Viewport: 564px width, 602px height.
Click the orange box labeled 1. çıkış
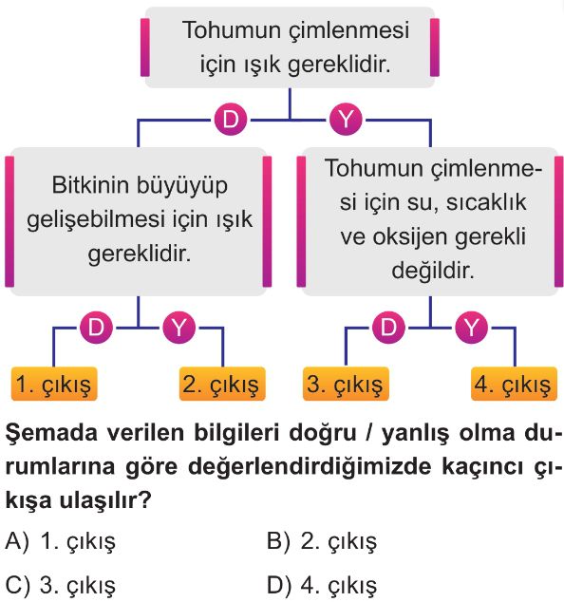[54, 384]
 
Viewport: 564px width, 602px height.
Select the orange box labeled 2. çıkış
[222, 384]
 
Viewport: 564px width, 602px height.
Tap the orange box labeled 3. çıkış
[346, 384]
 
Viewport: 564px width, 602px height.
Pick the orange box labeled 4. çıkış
[514, 384]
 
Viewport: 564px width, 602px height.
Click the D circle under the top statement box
[231, 119]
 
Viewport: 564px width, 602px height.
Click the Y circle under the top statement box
[346, 119]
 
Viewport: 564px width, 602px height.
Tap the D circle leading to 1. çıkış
[96, 328]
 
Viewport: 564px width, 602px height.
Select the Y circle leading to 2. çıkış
[179, 328]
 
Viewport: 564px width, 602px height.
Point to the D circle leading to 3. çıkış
[388, 328]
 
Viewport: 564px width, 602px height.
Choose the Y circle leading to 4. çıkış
[472, 328]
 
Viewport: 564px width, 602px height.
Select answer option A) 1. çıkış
[60, 542]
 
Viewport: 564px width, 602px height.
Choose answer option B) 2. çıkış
[322, 542]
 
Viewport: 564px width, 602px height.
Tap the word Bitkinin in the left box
[90, 185]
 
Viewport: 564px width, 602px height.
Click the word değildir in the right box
[433, 271]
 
